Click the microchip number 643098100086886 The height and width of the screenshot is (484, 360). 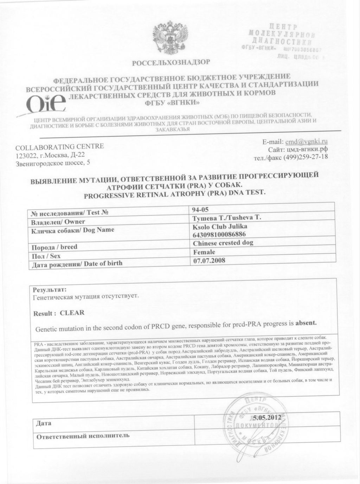pos(219,234)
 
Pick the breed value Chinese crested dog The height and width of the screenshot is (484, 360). pos(223,243)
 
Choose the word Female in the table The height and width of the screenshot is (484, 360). pos(204,252)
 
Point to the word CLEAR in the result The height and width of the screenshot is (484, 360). pos(72,313)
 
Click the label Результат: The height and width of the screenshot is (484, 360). pos(49,290)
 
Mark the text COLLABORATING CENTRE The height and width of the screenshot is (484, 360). pos(60,146)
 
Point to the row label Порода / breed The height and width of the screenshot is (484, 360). pos(54,247)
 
